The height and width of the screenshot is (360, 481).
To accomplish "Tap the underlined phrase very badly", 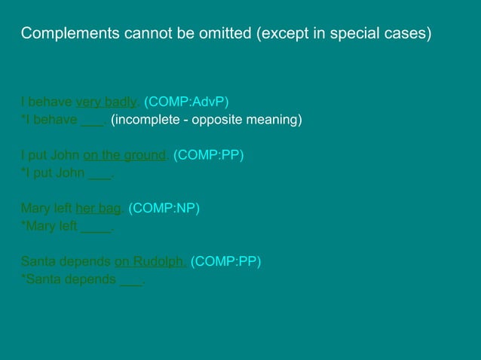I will pos(106,102).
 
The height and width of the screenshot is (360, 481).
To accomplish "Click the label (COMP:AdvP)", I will pos(186,102).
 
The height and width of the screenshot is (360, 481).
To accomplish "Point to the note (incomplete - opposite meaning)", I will pos(207,120).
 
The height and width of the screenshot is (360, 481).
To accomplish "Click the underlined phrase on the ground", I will pos(124,156).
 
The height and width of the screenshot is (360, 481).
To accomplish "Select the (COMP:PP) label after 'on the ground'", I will pos(209,156).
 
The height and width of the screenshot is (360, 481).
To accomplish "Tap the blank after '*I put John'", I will pos(100,174).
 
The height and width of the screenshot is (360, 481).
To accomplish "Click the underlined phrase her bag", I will pos(98,208).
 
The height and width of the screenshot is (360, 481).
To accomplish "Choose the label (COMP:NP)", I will pos(164,208).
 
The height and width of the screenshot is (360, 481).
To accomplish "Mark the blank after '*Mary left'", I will pos(96,226).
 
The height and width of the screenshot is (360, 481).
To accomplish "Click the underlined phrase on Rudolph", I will pos(150,262).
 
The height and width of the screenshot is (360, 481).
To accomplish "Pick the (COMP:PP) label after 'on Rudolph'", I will pos(226,262).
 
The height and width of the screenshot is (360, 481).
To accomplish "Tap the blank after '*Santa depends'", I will pos(131,280).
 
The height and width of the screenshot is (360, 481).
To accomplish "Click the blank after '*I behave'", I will pos(92,120).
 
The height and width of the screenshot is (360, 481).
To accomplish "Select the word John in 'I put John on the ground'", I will pos(65,156).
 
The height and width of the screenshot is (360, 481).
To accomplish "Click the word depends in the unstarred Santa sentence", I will pos(87,262).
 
